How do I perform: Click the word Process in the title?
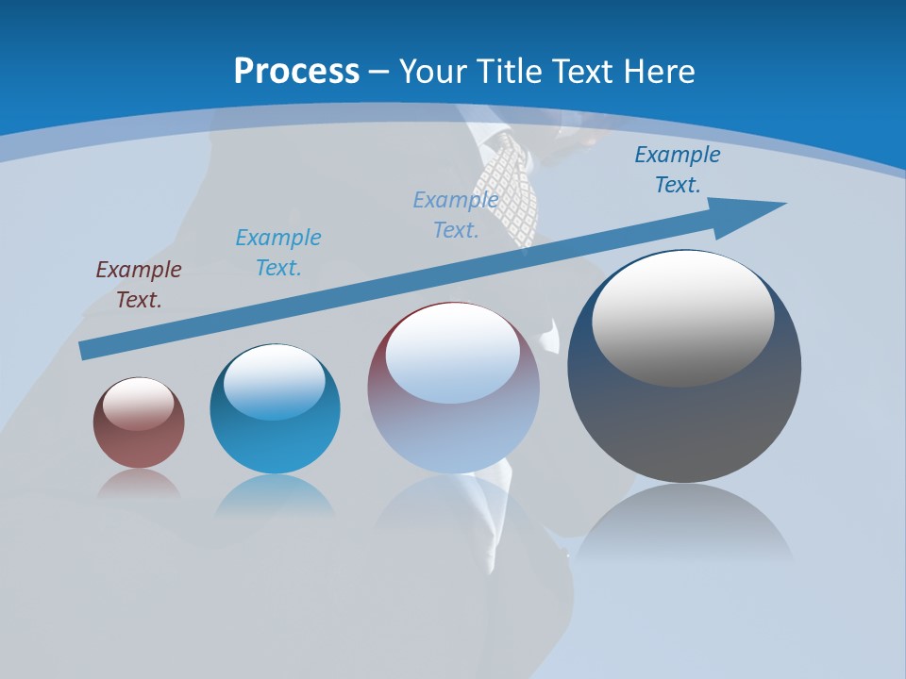click(x=296, y=71)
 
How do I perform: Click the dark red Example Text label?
click(x=139, y=285)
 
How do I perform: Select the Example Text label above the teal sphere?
click(x=277, y=253)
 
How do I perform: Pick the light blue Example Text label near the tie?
click(x=456, y=214)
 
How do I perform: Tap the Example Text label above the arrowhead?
click(x=677, y=170)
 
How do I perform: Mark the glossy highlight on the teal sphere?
click(x=275, y=382)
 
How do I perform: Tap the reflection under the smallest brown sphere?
click(x=139, y=484)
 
